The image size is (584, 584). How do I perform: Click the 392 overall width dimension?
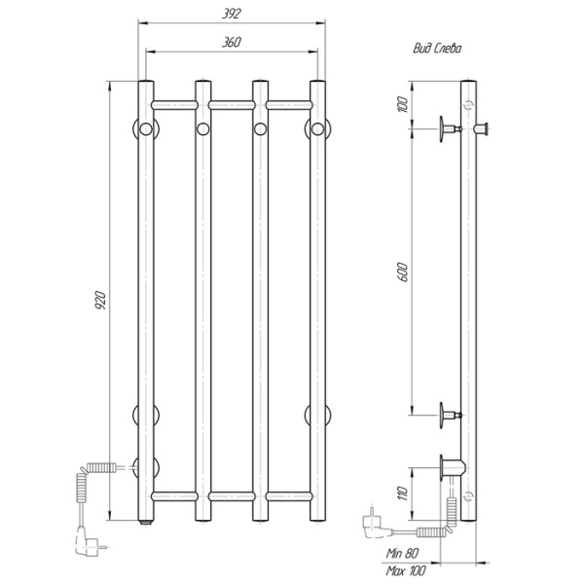(232, 13)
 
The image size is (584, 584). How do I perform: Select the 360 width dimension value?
(232, 43)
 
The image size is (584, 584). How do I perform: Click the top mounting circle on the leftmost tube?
(145, 128)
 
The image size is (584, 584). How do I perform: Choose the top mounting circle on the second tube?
(202, 128)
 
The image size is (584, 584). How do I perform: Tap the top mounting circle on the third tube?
(260, 128)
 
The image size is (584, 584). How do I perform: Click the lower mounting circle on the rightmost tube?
(317, 416)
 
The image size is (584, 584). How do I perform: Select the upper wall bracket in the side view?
(449, 127)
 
